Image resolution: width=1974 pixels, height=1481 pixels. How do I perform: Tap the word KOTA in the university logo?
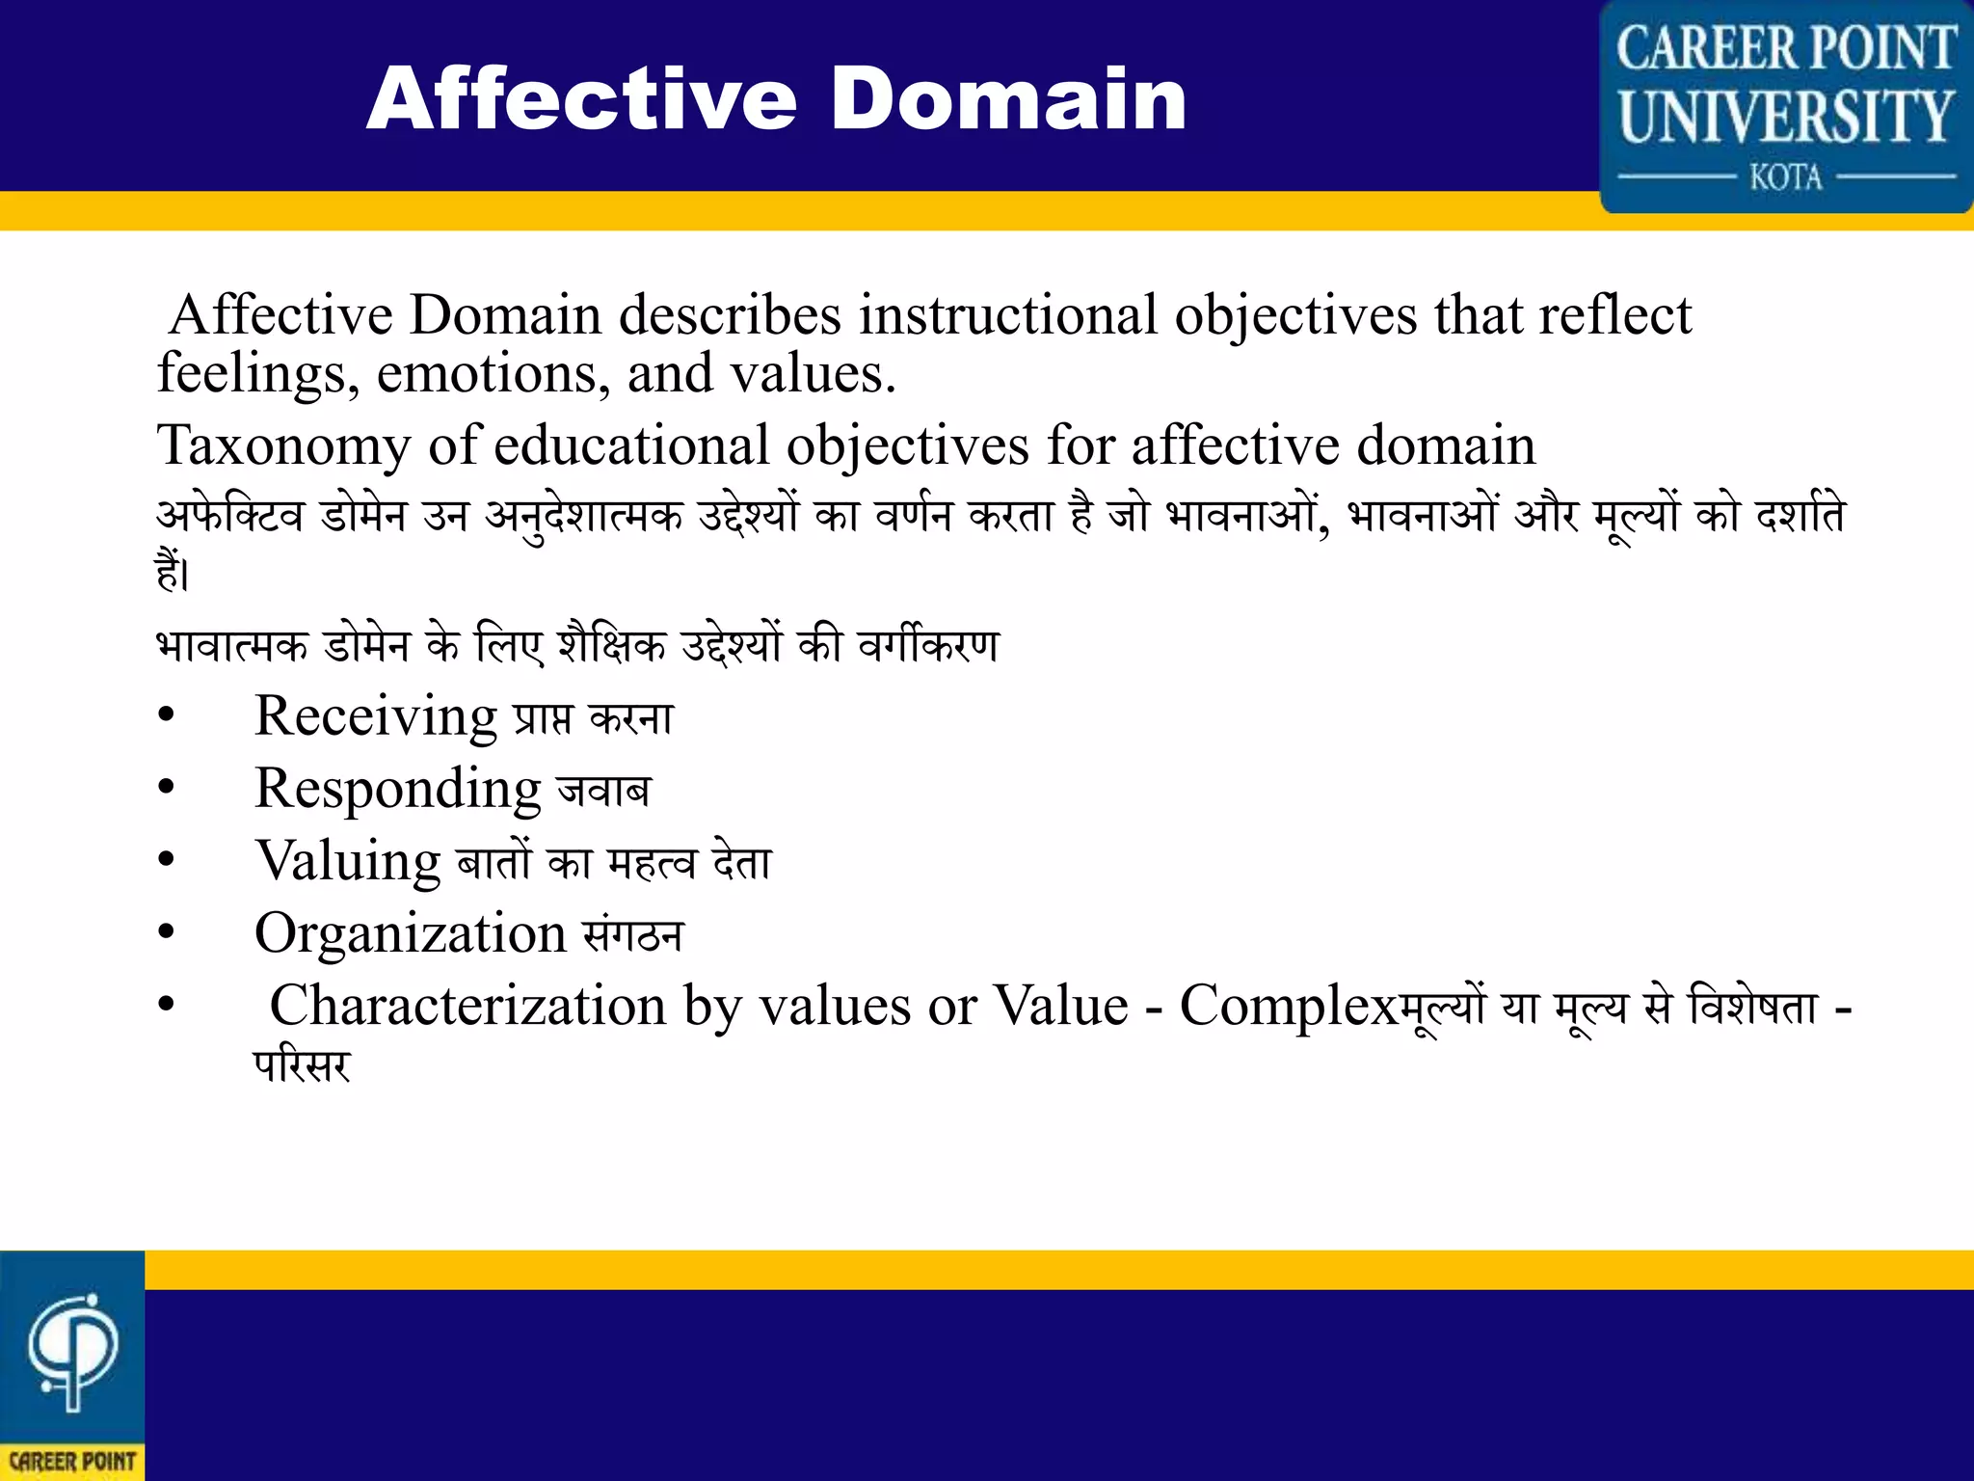click(x=1785, y=178)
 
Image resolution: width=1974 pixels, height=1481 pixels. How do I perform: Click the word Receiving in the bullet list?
click(x=375, y=717)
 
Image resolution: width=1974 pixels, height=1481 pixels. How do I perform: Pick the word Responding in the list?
click(x=397, y=790)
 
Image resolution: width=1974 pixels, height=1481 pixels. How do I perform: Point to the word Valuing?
click(x=347, y=861)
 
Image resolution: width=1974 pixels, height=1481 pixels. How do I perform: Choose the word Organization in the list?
click(x=410, y=933)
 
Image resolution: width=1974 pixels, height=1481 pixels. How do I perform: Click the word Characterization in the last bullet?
click(x=467, y=1006)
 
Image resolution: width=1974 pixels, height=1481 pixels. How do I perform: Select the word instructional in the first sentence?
click(x=1007, y=315)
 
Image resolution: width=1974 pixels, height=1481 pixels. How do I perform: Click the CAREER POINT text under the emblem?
click(x=72, y=1462)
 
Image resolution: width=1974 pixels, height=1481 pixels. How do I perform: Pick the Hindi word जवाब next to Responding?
click(x=604, y=792)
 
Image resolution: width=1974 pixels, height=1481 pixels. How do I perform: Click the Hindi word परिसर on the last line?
click(x=302, y=1066)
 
